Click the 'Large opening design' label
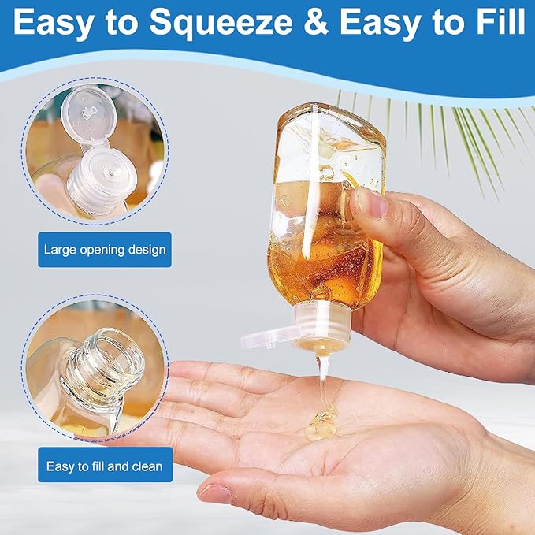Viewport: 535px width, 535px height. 105,251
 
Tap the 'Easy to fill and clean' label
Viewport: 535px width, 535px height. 105,466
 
